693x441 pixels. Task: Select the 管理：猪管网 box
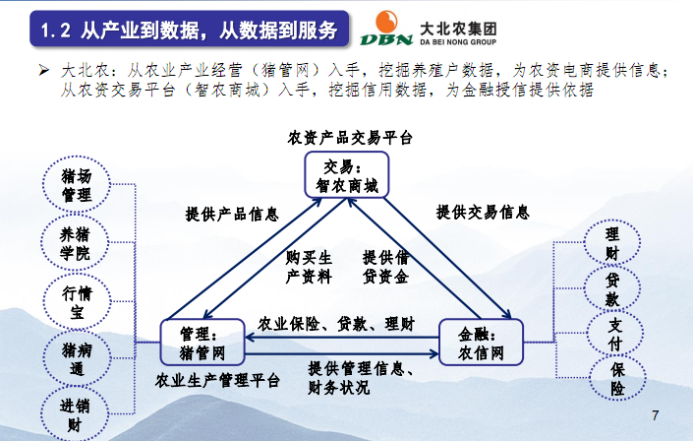[x=202, y=342]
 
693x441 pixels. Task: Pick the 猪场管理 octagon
[x=70, y=184]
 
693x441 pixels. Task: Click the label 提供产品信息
[x=232, y=214]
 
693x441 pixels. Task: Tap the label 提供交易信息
[x=483, y=212]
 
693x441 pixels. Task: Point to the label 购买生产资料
[x=309, y=267]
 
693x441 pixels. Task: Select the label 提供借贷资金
[x=386, y=267]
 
